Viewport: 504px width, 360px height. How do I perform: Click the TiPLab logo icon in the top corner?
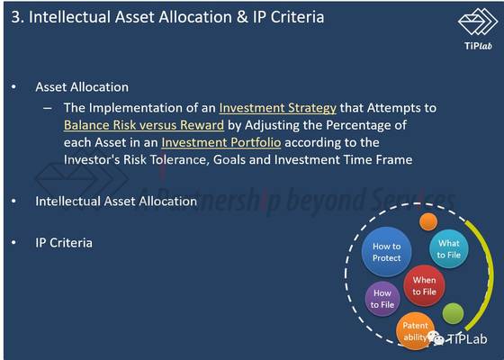point(478,22)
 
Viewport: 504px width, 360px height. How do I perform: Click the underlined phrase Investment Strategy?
point(278,108)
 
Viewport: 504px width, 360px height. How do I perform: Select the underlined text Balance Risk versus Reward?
point(144,125)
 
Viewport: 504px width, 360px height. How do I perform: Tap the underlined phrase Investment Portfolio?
point(221,143)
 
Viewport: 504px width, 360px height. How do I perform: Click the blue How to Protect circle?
point(386,252)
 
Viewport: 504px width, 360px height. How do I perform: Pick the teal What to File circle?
point(449,249)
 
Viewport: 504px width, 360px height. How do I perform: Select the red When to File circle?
point(424,286)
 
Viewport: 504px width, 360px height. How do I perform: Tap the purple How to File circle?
point(382,299)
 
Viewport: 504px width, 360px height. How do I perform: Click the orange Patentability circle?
point(415,331)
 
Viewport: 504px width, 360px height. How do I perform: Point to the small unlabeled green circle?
point(453,313)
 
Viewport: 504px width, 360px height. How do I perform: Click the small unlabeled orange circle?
point(428,221)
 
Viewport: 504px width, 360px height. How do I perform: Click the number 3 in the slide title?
point(15,17)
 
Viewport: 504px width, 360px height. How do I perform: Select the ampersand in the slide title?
point(242,17)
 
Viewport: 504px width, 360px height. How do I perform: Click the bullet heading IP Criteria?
point(64,243)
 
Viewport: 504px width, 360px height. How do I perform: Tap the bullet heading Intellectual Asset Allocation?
point(116,202)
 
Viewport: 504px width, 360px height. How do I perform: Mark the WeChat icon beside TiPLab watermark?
point(436,338)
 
